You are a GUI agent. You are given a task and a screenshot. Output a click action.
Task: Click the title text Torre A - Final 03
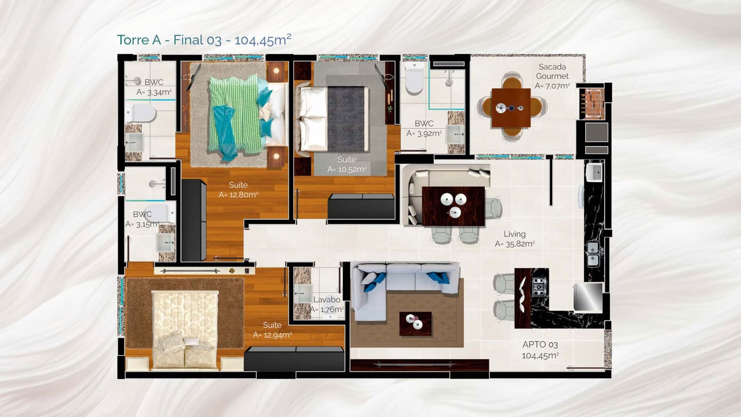coord(169,40)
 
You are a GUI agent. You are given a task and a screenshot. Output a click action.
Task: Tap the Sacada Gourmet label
coord(552,72)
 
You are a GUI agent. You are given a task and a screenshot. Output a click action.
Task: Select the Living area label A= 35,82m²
coord(515,244)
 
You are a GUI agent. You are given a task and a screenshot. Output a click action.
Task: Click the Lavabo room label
coord(326,300)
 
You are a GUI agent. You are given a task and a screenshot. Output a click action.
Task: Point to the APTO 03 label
coord(540,344)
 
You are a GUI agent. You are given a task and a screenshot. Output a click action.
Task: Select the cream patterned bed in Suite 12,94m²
coord(185,330)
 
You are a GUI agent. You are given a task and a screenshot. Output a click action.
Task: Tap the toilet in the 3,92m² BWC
coord(415,78)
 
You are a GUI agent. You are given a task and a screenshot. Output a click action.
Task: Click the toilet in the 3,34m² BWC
coord(141,113)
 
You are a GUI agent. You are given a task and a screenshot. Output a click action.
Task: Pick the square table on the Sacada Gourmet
coord(511,108)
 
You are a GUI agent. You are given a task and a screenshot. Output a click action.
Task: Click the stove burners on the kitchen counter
coord(539,287)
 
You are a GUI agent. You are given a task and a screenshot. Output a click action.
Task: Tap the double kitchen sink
coord(593,254)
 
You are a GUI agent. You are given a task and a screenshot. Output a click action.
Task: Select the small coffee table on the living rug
coord(415,323)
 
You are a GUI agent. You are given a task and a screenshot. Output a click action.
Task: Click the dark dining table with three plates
coord(453,206)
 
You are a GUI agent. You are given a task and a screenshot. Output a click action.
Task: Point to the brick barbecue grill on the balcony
coord(592,103)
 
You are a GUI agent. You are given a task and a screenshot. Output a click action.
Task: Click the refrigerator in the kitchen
coord(588,297)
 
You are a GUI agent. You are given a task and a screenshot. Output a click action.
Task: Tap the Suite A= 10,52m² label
coord(347,165)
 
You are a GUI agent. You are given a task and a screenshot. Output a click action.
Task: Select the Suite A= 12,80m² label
coord(238,189)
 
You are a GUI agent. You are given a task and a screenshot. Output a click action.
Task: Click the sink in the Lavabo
coord(303,293)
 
